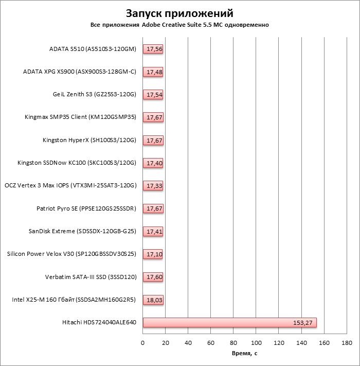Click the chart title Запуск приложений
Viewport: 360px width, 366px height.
tap(179, 13)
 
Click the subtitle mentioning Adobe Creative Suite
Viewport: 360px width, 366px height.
tap(179, 25)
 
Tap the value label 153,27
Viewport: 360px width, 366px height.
tap(302, 323)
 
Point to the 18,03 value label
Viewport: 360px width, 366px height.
tap(154, 300)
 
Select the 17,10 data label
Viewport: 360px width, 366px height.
tap(154, 254)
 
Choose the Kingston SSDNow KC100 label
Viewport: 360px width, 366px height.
tap(77, 163)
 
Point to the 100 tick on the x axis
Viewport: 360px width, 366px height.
tap(256, 343)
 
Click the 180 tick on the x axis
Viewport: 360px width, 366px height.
tap(347, 343)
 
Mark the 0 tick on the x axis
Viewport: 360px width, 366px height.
tap(143, 343)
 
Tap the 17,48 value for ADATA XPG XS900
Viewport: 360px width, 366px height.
tap(154, 72)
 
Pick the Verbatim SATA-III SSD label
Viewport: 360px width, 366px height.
tap(91, 277)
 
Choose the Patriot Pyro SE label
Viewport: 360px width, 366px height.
tap(86, 208)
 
